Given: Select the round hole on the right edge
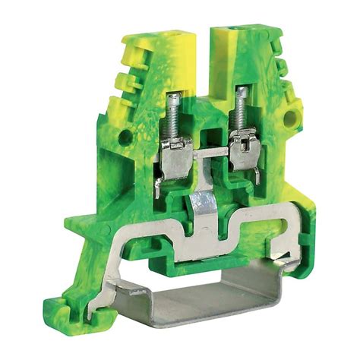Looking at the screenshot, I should click(x=289, y=118).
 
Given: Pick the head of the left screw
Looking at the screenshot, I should click(x=173, y=96).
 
